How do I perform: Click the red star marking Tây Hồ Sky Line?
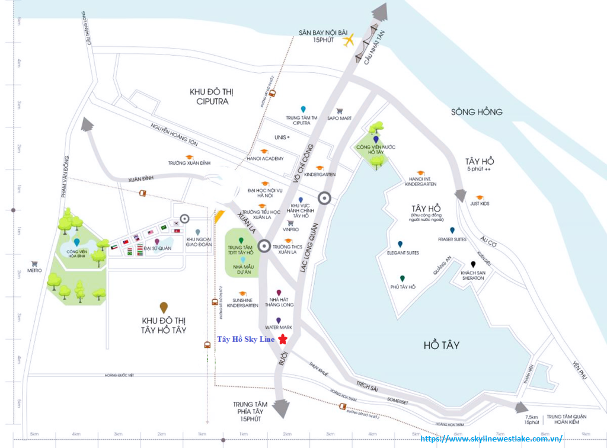point(283,340)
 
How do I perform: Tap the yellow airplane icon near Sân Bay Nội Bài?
point(349,40)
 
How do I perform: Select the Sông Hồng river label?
point(477,111)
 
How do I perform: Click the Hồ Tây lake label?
point(442,345)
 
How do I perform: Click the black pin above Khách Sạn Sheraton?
point(473,264)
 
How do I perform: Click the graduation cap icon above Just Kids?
point(479,197)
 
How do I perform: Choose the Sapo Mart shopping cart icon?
point(339,110)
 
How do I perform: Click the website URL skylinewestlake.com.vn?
point(491,439)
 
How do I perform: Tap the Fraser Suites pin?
point(452,231)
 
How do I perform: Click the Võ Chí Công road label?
point(303,159)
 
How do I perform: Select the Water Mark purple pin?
point(278,321)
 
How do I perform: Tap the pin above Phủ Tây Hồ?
point(402,279)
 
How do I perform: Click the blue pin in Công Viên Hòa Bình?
point(78,242)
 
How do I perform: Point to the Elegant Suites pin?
point(400,244)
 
